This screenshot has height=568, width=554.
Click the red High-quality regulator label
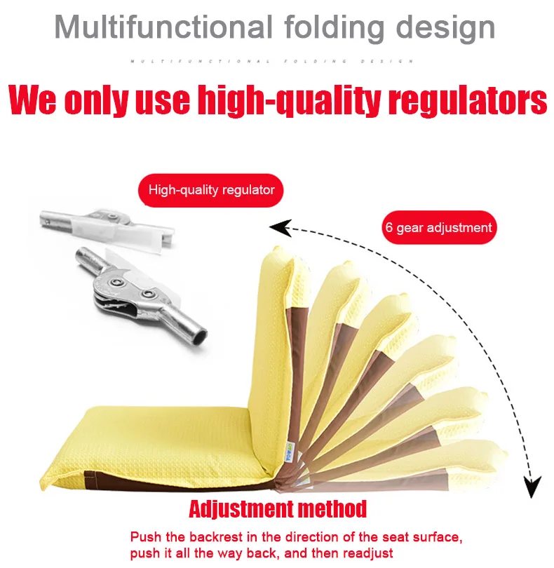(211, 189)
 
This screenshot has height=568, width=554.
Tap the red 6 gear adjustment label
(438, 227)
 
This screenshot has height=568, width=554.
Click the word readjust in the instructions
(365, 553)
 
